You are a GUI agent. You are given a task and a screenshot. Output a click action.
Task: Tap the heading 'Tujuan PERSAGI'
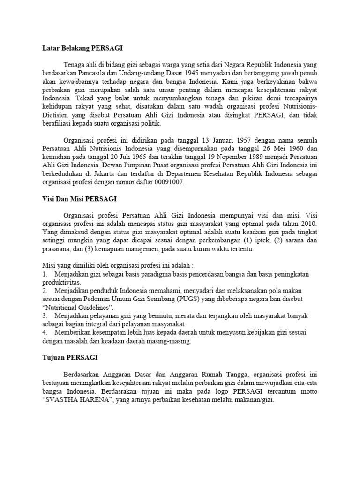(x=67, y=358)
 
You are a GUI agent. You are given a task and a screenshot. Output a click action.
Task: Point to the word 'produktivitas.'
(x=61, y=283)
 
